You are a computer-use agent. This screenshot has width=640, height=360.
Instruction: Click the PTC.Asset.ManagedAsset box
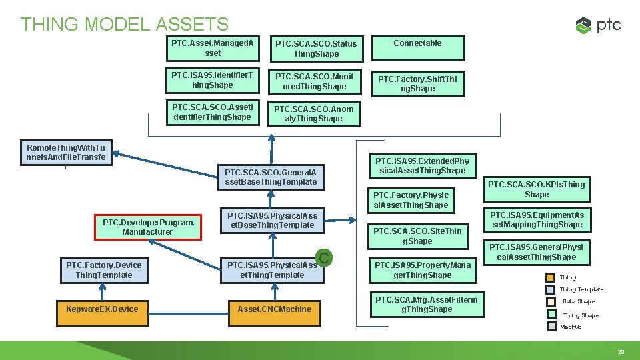(213, 48)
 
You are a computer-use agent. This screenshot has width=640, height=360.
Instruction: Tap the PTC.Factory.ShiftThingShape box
(417, 83)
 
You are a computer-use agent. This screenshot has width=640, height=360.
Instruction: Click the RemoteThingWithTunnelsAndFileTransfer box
(65, 153)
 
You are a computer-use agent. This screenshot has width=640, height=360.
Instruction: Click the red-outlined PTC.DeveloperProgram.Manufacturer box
(147, 227)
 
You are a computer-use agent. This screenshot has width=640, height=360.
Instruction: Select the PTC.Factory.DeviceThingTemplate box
(104, 270)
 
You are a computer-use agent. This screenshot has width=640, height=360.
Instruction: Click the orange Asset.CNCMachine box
(274, 309)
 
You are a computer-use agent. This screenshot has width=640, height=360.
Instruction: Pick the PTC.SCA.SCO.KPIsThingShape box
(537, 189)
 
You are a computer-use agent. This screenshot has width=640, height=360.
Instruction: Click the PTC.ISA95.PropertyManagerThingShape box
(422, 270)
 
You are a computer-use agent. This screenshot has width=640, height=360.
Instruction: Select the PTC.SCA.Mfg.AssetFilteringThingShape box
(427, 305)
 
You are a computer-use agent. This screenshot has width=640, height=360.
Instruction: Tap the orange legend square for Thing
(551, 277)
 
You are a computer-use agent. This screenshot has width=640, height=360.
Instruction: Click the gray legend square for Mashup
(551, 327)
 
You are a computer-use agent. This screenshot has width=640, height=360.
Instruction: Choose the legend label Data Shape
(578, 301)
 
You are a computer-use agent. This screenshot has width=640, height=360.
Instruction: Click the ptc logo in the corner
(598, 25)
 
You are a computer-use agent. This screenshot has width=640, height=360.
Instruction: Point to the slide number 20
(621, 351)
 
